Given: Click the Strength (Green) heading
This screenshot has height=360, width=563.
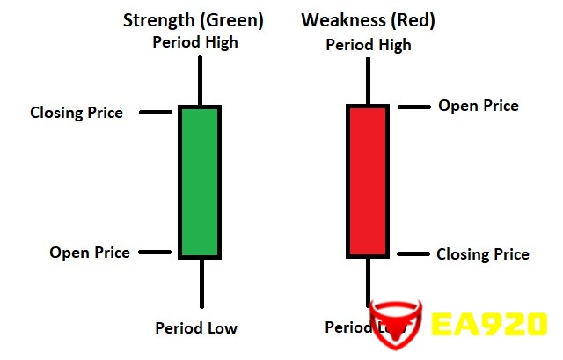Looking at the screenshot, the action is [194, 20].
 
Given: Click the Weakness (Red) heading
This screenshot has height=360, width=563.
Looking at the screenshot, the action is [368, 20].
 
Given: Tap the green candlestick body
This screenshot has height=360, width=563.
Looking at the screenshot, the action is [200, 182].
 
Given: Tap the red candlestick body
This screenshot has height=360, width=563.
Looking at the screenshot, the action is [368, 181].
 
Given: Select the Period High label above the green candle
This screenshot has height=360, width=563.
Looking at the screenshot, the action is [195, 42].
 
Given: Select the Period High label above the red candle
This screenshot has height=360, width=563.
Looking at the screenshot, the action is [369, 45].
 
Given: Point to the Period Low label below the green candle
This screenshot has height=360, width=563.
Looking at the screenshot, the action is [196, 327].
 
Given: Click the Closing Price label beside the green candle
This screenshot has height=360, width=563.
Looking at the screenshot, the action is [77, 113].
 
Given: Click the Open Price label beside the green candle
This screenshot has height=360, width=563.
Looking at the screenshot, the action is [90, 253].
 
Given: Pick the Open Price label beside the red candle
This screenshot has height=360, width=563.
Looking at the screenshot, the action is [479, 106].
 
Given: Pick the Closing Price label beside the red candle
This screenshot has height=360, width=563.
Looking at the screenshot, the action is [483, 254].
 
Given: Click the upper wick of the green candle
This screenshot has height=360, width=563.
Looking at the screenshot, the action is [200, 80].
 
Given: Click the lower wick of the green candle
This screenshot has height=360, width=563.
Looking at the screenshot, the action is [201, 283].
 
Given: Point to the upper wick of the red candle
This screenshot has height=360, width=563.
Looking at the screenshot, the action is [368, 81].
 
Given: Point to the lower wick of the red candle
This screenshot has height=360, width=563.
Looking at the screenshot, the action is [368, 283].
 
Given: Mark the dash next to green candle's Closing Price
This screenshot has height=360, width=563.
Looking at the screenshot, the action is [156, 113].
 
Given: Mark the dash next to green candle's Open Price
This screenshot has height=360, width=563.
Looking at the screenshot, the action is [155, 253].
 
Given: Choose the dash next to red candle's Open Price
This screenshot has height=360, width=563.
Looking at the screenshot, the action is [414, 107].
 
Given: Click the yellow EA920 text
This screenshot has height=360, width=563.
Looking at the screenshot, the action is [489, 324].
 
